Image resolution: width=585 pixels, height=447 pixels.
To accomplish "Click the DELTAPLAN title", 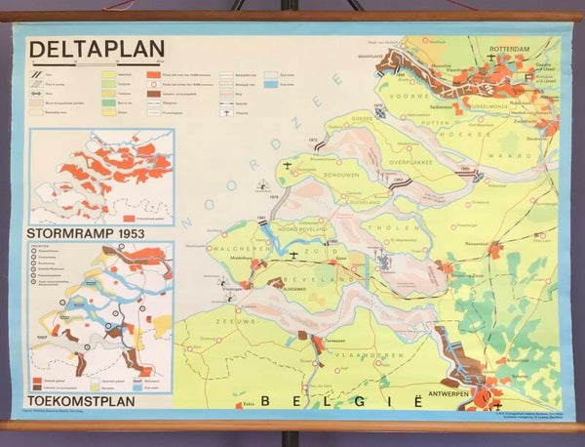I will point(97,49).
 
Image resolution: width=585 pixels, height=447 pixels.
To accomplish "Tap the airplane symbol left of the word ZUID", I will point(293,255).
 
